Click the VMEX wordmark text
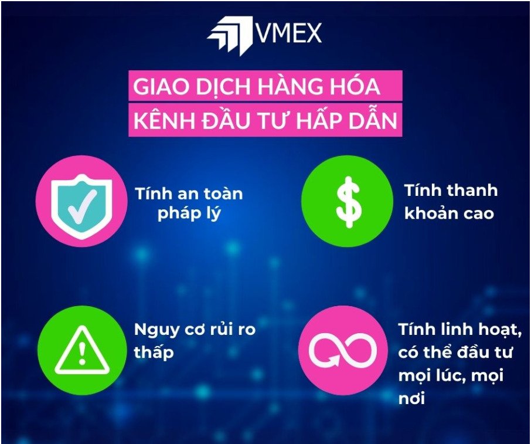pyautogui.click(x=288, y=33)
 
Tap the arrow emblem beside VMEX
pyautogui.click(x=230, y=35)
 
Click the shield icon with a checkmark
pyautogui.click(x=81, y=206)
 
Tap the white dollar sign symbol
pyautogui.click(x=349, y=202)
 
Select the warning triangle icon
pyautogui.click(x=81, y=350)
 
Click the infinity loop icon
pyautogui.click(x=342, y=350)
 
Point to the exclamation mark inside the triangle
pyautogui.click(x=81, y=353)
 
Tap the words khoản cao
pyautogui.click(x=449, y=213)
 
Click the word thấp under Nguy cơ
pyautogui.click(x=154, y=351)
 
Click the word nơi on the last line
pyautogui.click(x=412, y=399)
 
